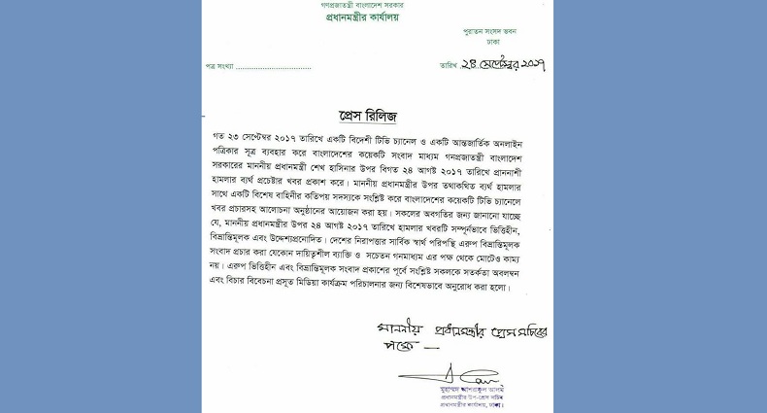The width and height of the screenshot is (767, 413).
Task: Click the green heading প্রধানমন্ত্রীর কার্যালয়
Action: coord(361,17)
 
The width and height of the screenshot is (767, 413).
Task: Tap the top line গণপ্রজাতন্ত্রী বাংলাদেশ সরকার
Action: coord(361,5)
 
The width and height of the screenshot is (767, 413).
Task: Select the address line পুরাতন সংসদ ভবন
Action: coord(489,32)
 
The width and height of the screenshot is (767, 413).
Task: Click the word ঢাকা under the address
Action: coord(489,42)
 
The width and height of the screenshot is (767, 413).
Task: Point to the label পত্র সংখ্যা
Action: coord(219,67)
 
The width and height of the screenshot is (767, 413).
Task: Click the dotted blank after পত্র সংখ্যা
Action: coord(274,68)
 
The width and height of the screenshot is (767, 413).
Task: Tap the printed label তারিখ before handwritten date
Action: coord(448,67)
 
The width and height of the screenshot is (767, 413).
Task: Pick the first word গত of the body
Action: coord(219,140)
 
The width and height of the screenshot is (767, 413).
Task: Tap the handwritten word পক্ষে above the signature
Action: coord(399,347)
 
